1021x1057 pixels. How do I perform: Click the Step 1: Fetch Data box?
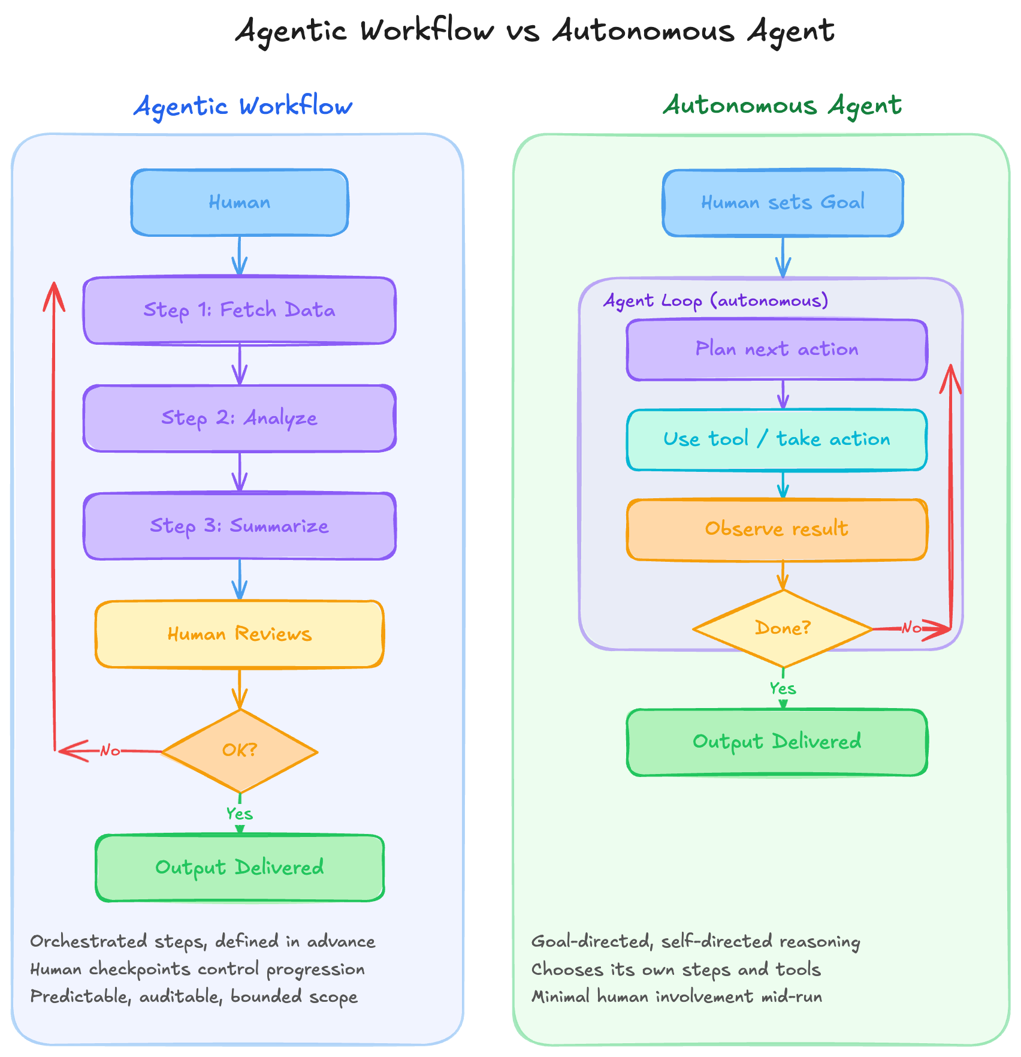[x=239, y=310]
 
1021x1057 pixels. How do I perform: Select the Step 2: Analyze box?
[x=239, y=418]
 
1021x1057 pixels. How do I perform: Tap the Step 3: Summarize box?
[x=239, y=526]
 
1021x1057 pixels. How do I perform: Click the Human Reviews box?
[x=239, y=634]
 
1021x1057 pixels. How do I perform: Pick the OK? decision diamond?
[x=239, y=751]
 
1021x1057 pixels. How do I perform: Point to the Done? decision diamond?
[x=783, y=628]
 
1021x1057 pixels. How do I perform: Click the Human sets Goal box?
[x=783, y=203]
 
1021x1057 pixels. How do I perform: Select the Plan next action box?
[x=777, y=349]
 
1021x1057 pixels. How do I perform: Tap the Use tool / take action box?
[x=777, y=439]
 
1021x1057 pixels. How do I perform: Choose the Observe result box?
[x=777, y=529]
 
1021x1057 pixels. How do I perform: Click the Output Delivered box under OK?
[x=239, y=868]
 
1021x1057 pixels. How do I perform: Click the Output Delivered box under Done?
[x=777, y=742]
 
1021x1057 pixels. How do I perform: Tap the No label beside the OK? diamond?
[x=110, y=751]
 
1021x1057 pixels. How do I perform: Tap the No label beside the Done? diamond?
[x=911, y=628]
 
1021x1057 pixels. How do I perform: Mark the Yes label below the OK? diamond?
[x=239, y=814]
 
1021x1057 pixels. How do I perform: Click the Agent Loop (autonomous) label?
[x=715, y=300]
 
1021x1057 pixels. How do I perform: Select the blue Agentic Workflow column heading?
[x=243, y=107]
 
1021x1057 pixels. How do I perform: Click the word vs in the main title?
[x=522, y=31]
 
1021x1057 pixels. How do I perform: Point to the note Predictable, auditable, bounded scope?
[x=194, y=996]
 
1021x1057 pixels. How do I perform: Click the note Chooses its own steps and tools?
[x=676, y=969]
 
